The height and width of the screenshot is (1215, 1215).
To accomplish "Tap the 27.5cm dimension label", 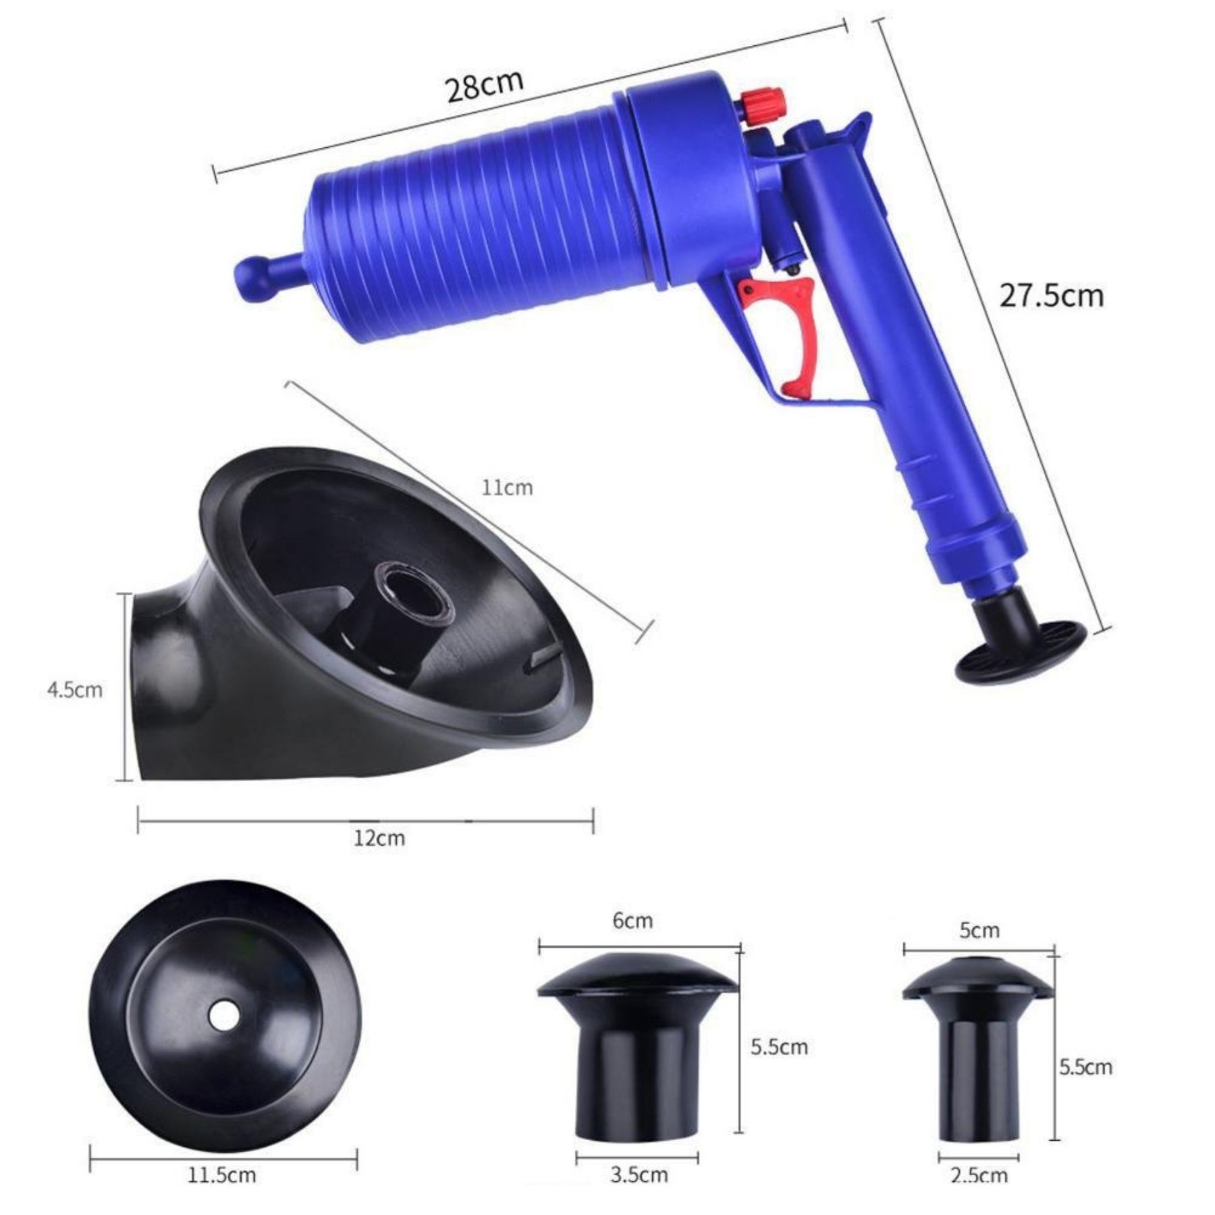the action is (x=1052, y=296).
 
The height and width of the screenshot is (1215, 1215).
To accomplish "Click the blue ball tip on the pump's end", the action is (x=251, y=274).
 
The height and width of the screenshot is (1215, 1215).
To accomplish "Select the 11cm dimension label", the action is (x=507, y=487).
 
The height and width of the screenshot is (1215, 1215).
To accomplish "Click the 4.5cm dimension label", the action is (x=75, y=690).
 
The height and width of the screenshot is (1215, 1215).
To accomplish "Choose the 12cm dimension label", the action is (x=379, y=839).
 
